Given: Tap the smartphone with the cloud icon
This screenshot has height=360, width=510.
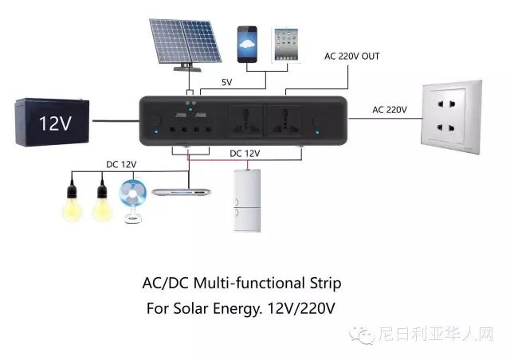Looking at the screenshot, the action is click(x=248, y=44).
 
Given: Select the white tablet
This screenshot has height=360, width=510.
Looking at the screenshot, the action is click(x=284, y=44).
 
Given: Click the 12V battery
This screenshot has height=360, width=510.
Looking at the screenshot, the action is click(x=47, y=122).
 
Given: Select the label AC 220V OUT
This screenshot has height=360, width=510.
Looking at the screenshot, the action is click(x=352, y=57).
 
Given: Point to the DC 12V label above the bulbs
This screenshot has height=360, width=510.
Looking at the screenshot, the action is click(x=121, y=164).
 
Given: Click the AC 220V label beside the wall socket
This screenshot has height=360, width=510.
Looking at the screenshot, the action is click(x=390, y=110).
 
